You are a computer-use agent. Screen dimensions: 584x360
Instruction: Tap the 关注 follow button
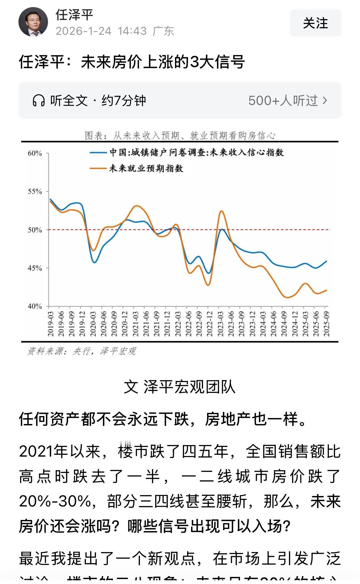coord(315,23)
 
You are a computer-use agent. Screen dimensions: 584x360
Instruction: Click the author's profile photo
coord(33,22)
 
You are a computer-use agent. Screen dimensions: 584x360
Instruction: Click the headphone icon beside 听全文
coord(38,101)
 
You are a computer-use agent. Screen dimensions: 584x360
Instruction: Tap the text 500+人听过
coord(283,101)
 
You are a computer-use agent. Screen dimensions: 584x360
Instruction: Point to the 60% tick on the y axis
coord(35,153)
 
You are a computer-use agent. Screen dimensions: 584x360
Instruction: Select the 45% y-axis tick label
coord(35,268)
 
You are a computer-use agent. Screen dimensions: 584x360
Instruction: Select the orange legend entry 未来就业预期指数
coord(146,168)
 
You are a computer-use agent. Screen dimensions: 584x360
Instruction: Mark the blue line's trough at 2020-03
coord(94,262)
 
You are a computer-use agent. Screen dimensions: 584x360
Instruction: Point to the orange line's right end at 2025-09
coord(326,290)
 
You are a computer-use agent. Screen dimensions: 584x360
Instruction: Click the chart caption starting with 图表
coord(180,135)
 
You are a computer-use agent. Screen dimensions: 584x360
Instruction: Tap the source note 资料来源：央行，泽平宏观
coord(82,351)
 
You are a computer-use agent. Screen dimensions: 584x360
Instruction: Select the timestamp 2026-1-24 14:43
coord(101,31)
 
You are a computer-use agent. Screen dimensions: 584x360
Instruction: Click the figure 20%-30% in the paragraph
coord(55,501)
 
